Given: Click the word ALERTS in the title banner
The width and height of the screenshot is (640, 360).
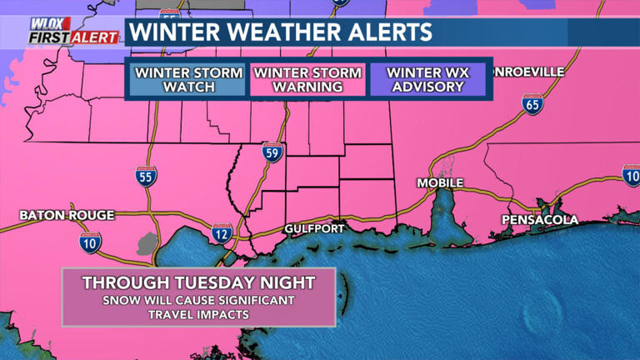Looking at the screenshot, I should coord(391,32).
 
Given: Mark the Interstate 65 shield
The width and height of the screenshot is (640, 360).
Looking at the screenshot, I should coord(531,103).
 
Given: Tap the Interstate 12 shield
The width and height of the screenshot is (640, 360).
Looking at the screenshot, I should coord(222,233).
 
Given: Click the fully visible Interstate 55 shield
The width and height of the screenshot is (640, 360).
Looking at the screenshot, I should coord(146,176).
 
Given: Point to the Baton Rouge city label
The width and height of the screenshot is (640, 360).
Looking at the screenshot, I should coord(67,215).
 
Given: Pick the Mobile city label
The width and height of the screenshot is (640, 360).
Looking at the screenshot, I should coord(440,183).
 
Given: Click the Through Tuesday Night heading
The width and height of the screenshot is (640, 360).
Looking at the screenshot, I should coord(198,283).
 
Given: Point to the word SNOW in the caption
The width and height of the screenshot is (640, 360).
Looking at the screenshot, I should coord(119,300).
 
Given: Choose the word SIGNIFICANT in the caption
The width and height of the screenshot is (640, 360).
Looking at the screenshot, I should coord(254,300).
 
